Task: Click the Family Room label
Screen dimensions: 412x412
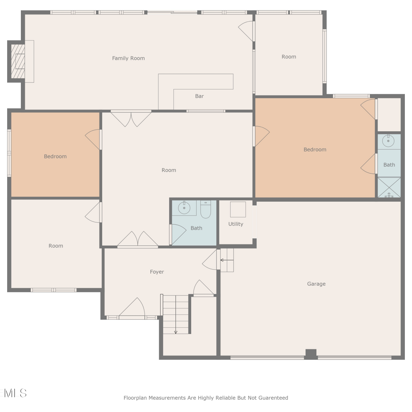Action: point(128,58)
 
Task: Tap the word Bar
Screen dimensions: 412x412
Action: point(199,96)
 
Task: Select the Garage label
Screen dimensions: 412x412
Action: point(316,284)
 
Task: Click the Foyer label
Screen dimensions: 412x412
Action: point(157,272)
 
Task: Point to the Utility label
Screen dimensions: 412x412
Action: point(236,224)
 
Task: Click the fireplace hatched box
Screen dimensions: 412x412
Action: point(18,61)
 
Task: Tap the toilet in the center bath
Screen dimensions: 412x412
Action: point(205,209)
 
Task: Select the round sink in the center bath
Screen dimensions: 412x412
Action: point(184,208)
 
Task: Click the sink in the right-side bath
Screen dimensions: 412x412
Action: point(388,141)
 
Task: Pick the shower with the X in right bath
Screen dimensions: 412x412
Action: point(389,187)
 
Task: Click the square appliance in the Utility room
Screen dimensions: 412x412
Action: point(238,210)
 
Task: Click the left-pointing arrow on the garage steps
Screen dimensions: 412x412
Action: point(227,260)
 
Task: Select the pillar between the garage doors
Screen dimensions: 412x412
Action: point(311,354)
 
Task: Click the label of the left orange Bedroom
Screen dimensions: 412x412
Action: point(55,157)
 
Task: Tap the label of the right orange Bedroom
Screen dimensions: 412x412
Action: point(315,150)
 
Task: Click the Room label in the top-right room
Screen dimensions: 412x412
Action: point(289,57)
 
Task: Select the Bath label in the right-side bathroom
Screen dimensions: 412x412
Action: point(389,165)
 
